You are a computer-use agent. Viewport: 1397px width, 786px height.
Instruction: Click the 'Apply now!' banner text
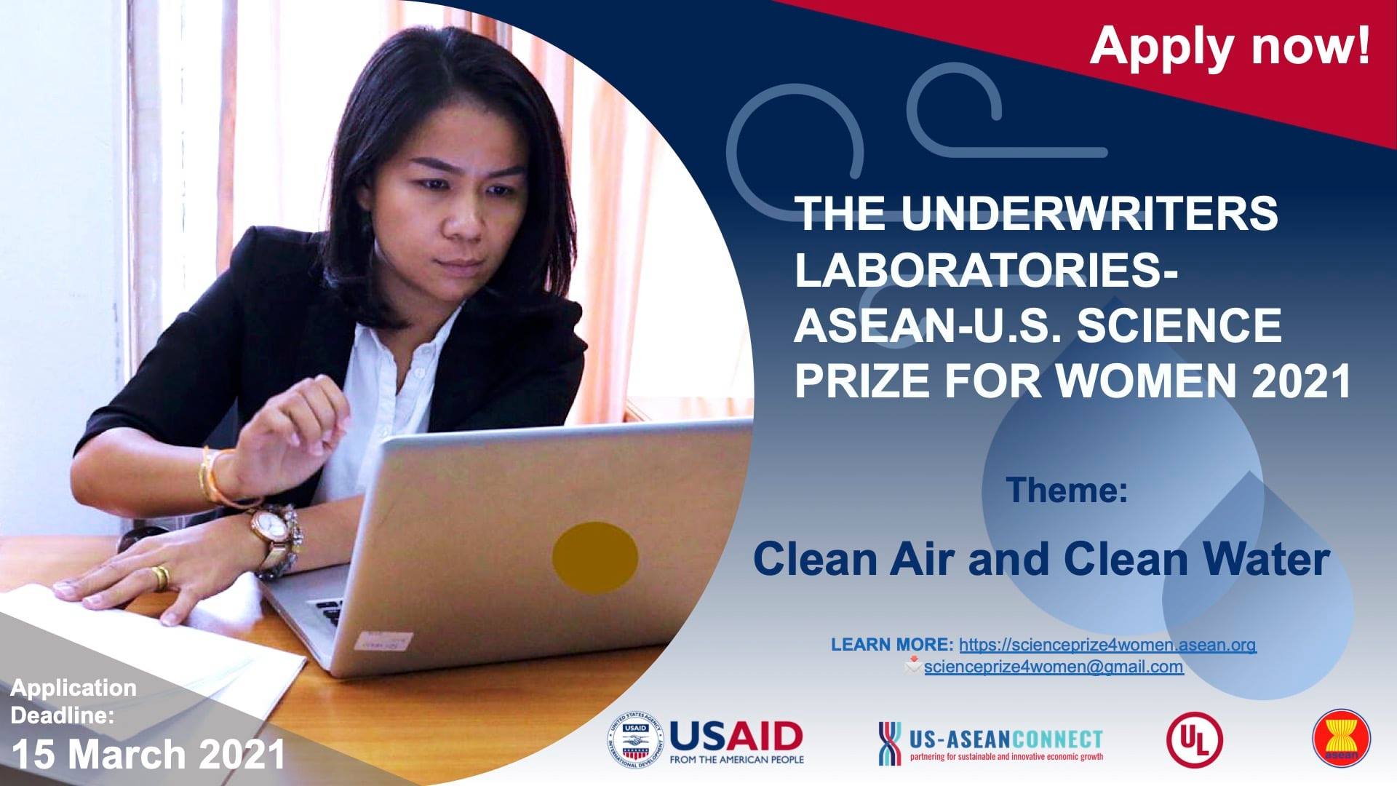point(1230,46)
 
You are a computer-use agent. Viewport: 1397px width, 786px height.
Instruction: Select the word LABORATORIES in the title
point(986,269)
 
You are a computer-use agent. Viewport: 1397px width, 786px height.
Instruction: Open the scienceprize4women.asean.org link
point(1107,645)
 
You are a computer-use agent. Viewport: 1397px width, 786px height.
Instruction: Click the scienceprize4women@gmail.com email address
point(1054,667)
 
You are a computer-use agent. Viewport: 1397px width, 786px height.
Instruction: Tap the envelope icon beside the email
point(913,664)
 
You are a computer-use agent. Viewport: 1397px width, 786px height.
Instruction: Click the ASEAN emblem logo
point(1341,738)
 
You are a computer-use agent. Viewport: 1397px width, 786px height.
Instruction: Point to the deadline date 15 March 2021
point(148,754)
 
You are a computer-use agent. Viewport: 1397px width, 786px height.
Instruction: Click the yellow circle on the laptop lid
point(594,557)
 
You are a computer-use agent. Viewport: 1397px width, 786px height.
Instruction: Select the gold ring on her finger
point(160,577)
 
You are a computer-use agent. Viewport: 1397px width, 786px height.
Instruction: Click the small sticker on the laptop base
point(383,641)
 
